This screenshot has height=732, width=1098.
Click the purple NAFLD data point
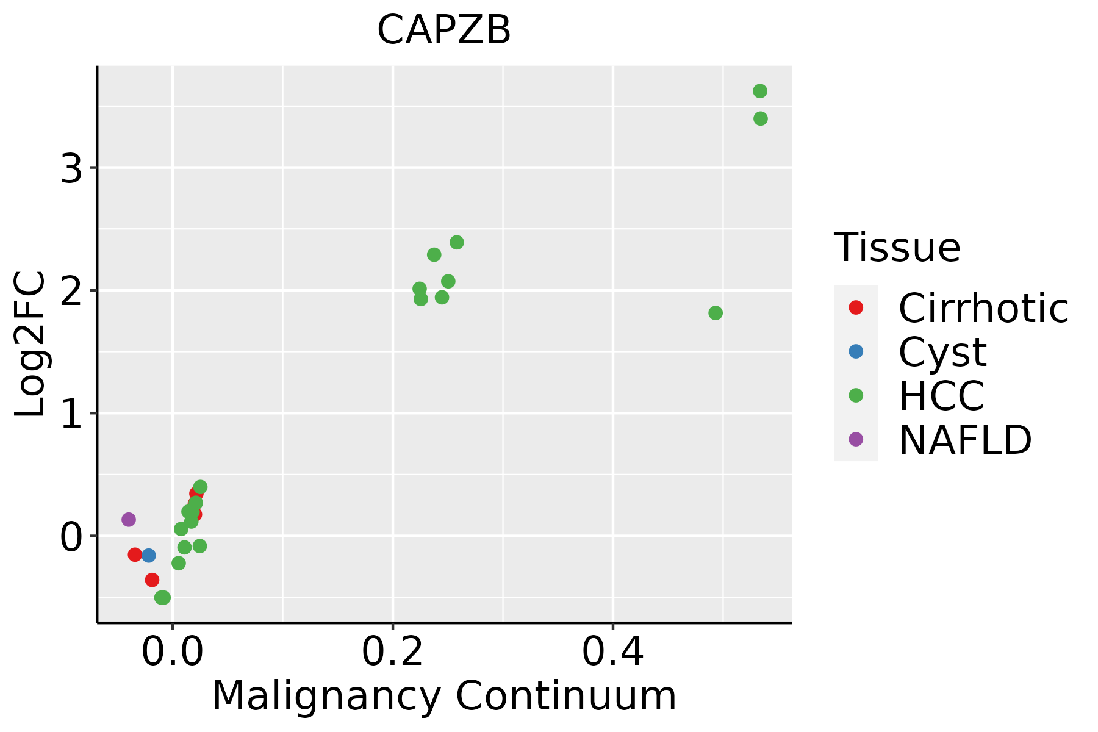pos(128,520)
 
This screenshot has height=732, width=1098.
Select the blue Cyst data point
pos(148,555)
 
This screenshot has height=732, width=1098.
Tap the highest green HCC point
pos(759,91)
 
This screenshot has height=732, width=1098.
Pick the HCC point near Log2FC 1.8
pos(716,313)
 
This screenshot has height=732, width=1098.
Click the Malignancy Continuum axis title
pos(444,696)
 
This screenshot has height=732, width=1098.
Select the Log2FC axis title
pos(30,344)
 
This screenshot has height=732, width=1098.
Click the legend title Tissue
pos(897,248)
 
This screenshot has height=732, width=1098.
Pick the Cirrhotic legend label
pos(983,308)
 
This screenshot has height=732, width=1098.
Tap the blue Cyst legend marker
pos(856,351)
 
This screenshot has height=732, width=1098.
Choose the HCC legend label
pos(941,396)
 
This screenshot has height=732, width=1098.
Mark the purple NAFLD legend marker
pos(856,439)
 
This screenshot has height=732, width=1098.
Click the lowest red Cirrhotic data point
pos(152,579)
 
